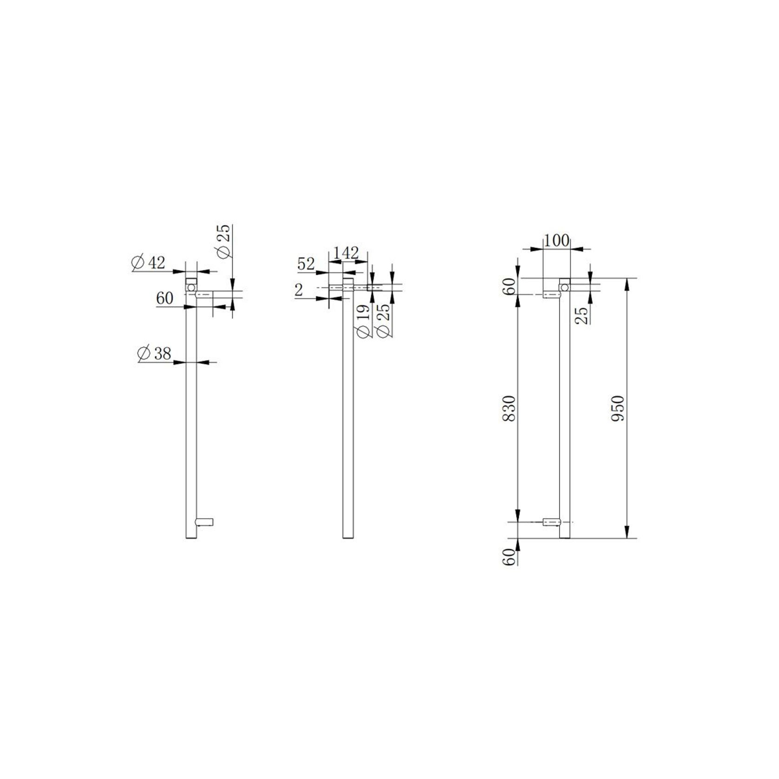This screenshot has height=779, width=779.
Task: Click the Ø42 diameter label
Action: [149, 263]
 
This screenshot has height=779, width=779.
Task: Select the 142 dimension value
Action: [347, 253]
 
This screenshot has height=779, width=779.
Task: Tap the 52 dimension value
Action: [306, 264]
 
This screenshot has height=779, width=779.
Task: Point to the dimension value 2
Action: [299, 290]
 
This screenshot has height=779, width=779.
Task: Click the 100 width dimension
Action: [556, 240]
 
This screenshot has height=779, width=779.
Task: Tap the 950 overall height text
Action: [618, 408]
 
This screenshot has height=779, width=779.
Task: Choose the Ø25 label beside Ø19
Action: [384, 321]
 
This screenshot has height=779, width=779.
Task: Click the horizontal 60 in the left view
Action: [165, 298]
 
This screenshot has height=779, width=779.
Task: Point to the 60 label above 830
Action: [510, 286]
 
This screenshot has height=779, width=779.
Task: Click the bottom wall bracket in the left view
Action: [205, 522]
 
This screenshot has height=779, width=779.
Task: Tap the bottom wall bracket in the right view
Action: [551, 522]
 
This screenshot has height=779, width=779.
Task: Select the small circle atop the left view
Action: [191, 288]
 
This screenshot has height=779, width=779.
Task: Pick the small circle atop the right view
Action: [564, 288]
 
